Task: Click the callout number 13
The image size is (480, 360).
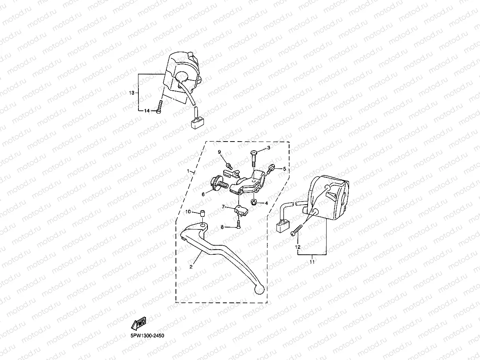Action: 132,93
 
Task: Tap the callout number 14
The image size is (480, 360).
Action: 146,111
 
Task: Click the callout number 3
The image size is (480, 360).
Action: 269,148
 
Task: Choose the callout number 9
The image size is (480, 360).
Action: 220,152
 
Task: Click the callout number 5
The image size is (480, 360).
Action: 284,169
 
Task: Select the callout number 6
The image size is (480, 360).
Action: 204,194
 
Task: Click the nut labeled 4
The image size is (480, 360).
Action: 254,202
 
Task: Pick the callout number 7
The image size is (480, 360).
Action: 223,207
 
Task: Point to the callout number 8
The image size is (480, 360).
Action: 222,227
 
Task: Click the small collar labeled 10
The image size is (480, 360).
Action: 202,213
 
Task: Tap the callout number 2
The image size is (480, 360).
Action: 191,267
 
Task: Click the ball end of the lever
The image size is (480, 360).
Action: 259,289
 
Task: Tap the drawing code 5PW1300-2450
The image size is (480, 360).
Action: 148,336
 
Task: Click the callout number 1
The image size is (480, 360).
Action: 188,172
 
